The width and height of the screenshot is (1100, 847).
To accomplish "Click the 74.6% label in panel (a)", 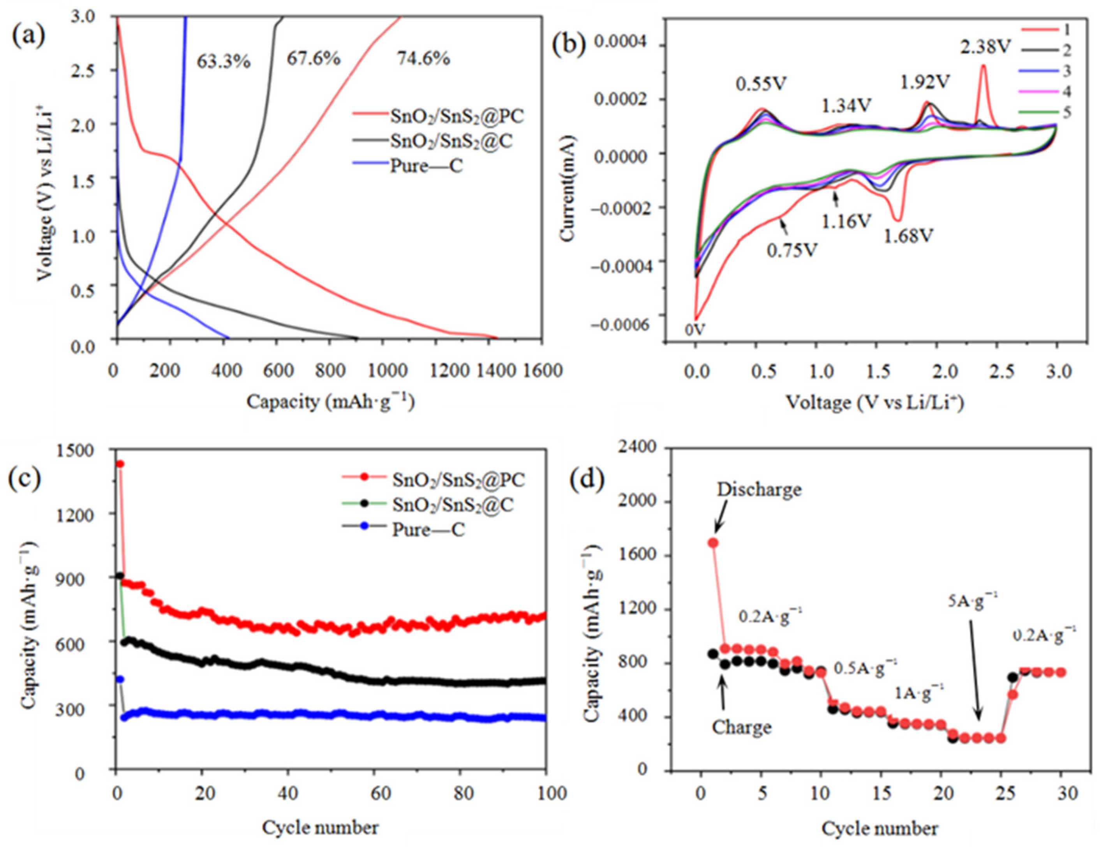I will point(423,59).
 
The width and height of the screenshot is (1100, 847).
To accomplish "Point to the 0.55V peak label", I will point(760,84).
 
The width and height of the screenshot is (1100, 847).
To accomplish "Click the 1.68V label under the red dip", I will point(908,235).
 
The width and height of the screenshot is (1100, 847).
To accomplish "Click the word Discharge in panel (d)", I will point(759,489).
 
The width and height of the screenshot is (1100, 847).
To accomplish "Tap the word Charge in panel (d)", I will point(741,727).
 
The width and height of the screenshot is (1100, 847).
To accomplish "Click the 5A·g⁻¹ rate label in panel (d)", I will point(973,601).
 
